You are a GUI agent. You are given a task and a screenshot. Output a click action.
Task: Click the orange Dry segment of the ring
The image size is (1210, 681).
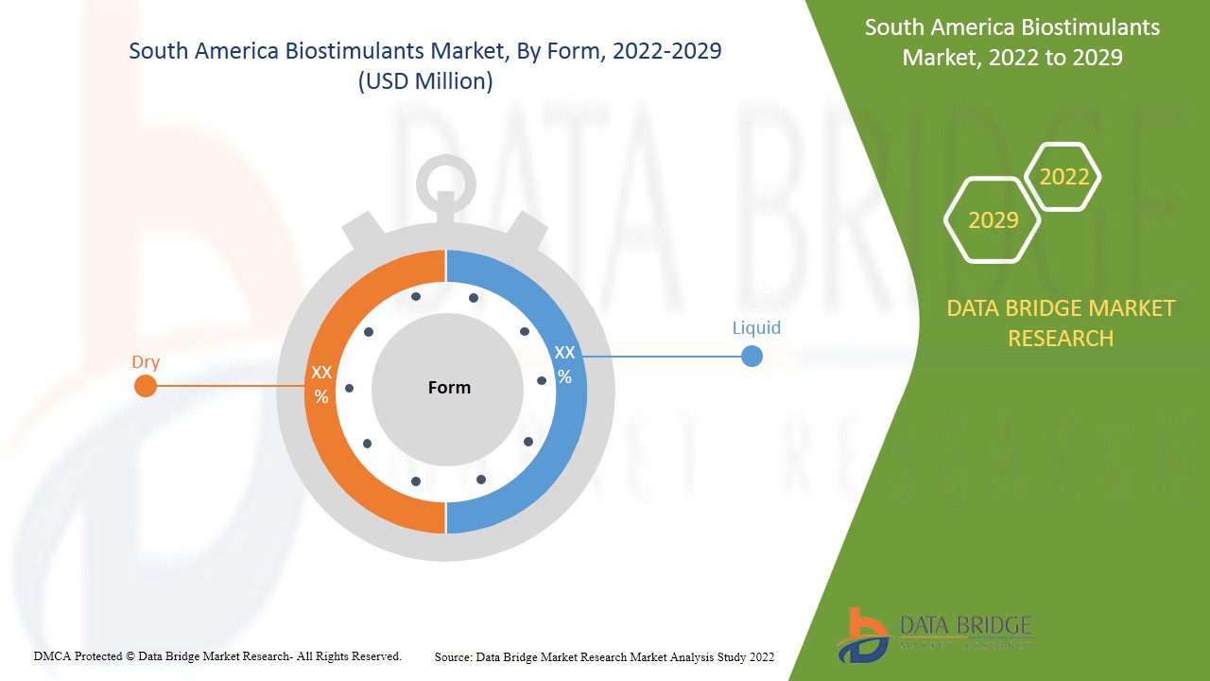[x=326, y=445]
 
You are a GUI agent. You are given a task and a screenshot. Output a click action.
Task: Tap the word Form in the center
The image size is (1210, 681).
[x=449, y=388]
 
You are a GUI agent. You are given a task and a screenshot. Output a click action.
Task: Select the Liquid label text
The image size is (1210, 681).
[x=756, y=328]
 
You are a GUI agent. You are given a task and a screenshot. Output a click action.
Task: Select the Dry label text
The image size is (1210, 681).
[x=146, y=362]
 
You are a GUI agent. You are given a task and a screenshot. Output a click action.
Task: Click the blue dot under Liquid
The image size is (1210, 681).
[x=752, y=357]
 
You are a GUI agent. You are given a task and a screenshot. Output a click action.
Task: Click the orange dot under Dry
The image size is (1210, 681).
[x=146, y=386]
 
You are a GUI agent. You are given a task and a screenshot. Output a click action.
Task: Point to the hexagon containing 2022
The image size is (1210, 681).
[x=1064, y=177]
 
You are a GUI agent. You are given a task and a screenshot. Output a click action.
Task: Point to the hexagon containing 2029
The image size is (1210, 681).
[x=994, y=220]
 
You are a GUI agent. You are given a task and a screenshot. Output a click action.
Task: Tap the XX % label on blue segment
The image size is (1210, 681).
[x=564, y=364]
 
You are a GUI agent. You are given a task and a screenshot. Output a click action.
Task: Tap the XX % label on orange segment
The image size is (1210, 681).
[x=321, y=384]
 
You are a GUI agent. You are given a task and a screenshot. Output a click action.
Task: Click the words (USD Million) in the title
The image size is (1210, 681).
[x=425, y=81]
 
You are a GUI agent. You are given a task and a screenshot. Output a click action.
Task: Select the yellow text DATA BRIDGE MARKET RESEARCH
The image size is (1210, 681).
[x=1061, y=323]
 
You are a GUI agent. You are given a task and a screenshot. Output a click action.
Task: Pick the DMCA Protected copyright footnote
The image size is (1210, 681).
[x=217, y=655]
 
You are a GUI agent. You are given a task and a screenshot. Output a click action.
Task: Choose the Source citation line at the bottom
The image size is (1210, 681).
[x=605, y=656]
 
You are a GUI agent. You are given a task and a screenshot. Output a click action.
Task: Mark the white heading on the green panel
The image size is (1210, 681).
[x=1012, y=42]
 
